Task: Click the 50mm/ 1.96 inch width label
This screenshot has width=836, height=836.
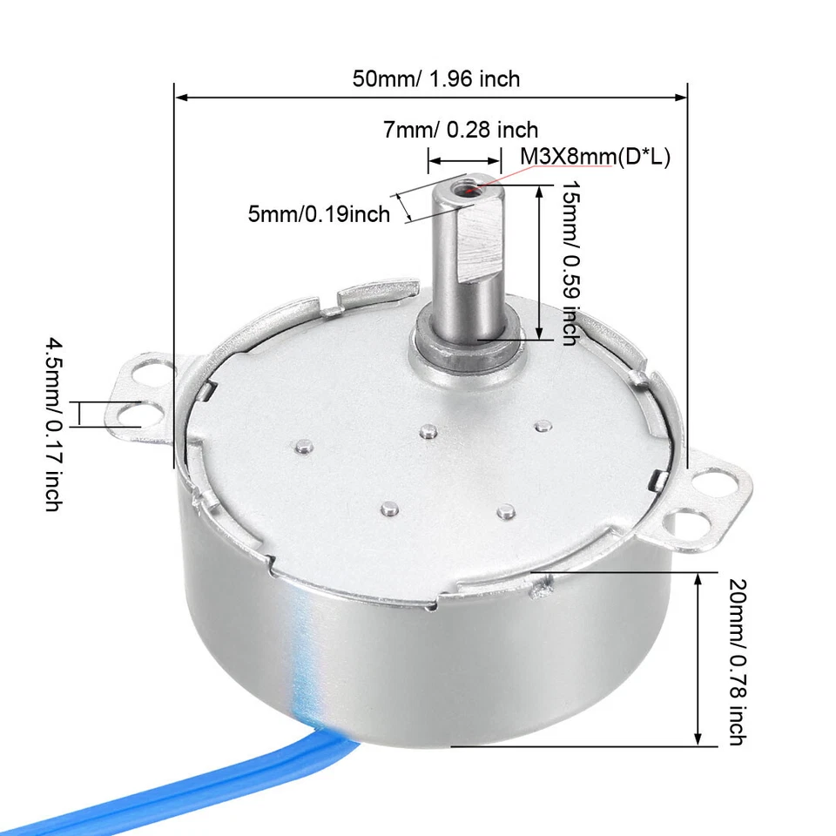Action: tap(435, 78)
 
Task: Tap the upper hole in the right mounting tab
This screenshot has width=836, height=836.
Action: tap(713, 481)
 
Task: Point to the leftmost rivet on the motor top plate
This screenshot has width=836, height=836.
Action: tap(301, 447)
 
